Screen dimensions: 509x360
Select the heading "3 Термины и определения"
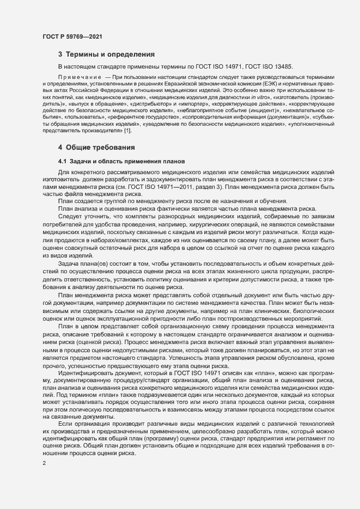[x=106, y=54]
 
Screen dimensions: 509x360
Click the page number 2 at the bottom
[x=44, y=463]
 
